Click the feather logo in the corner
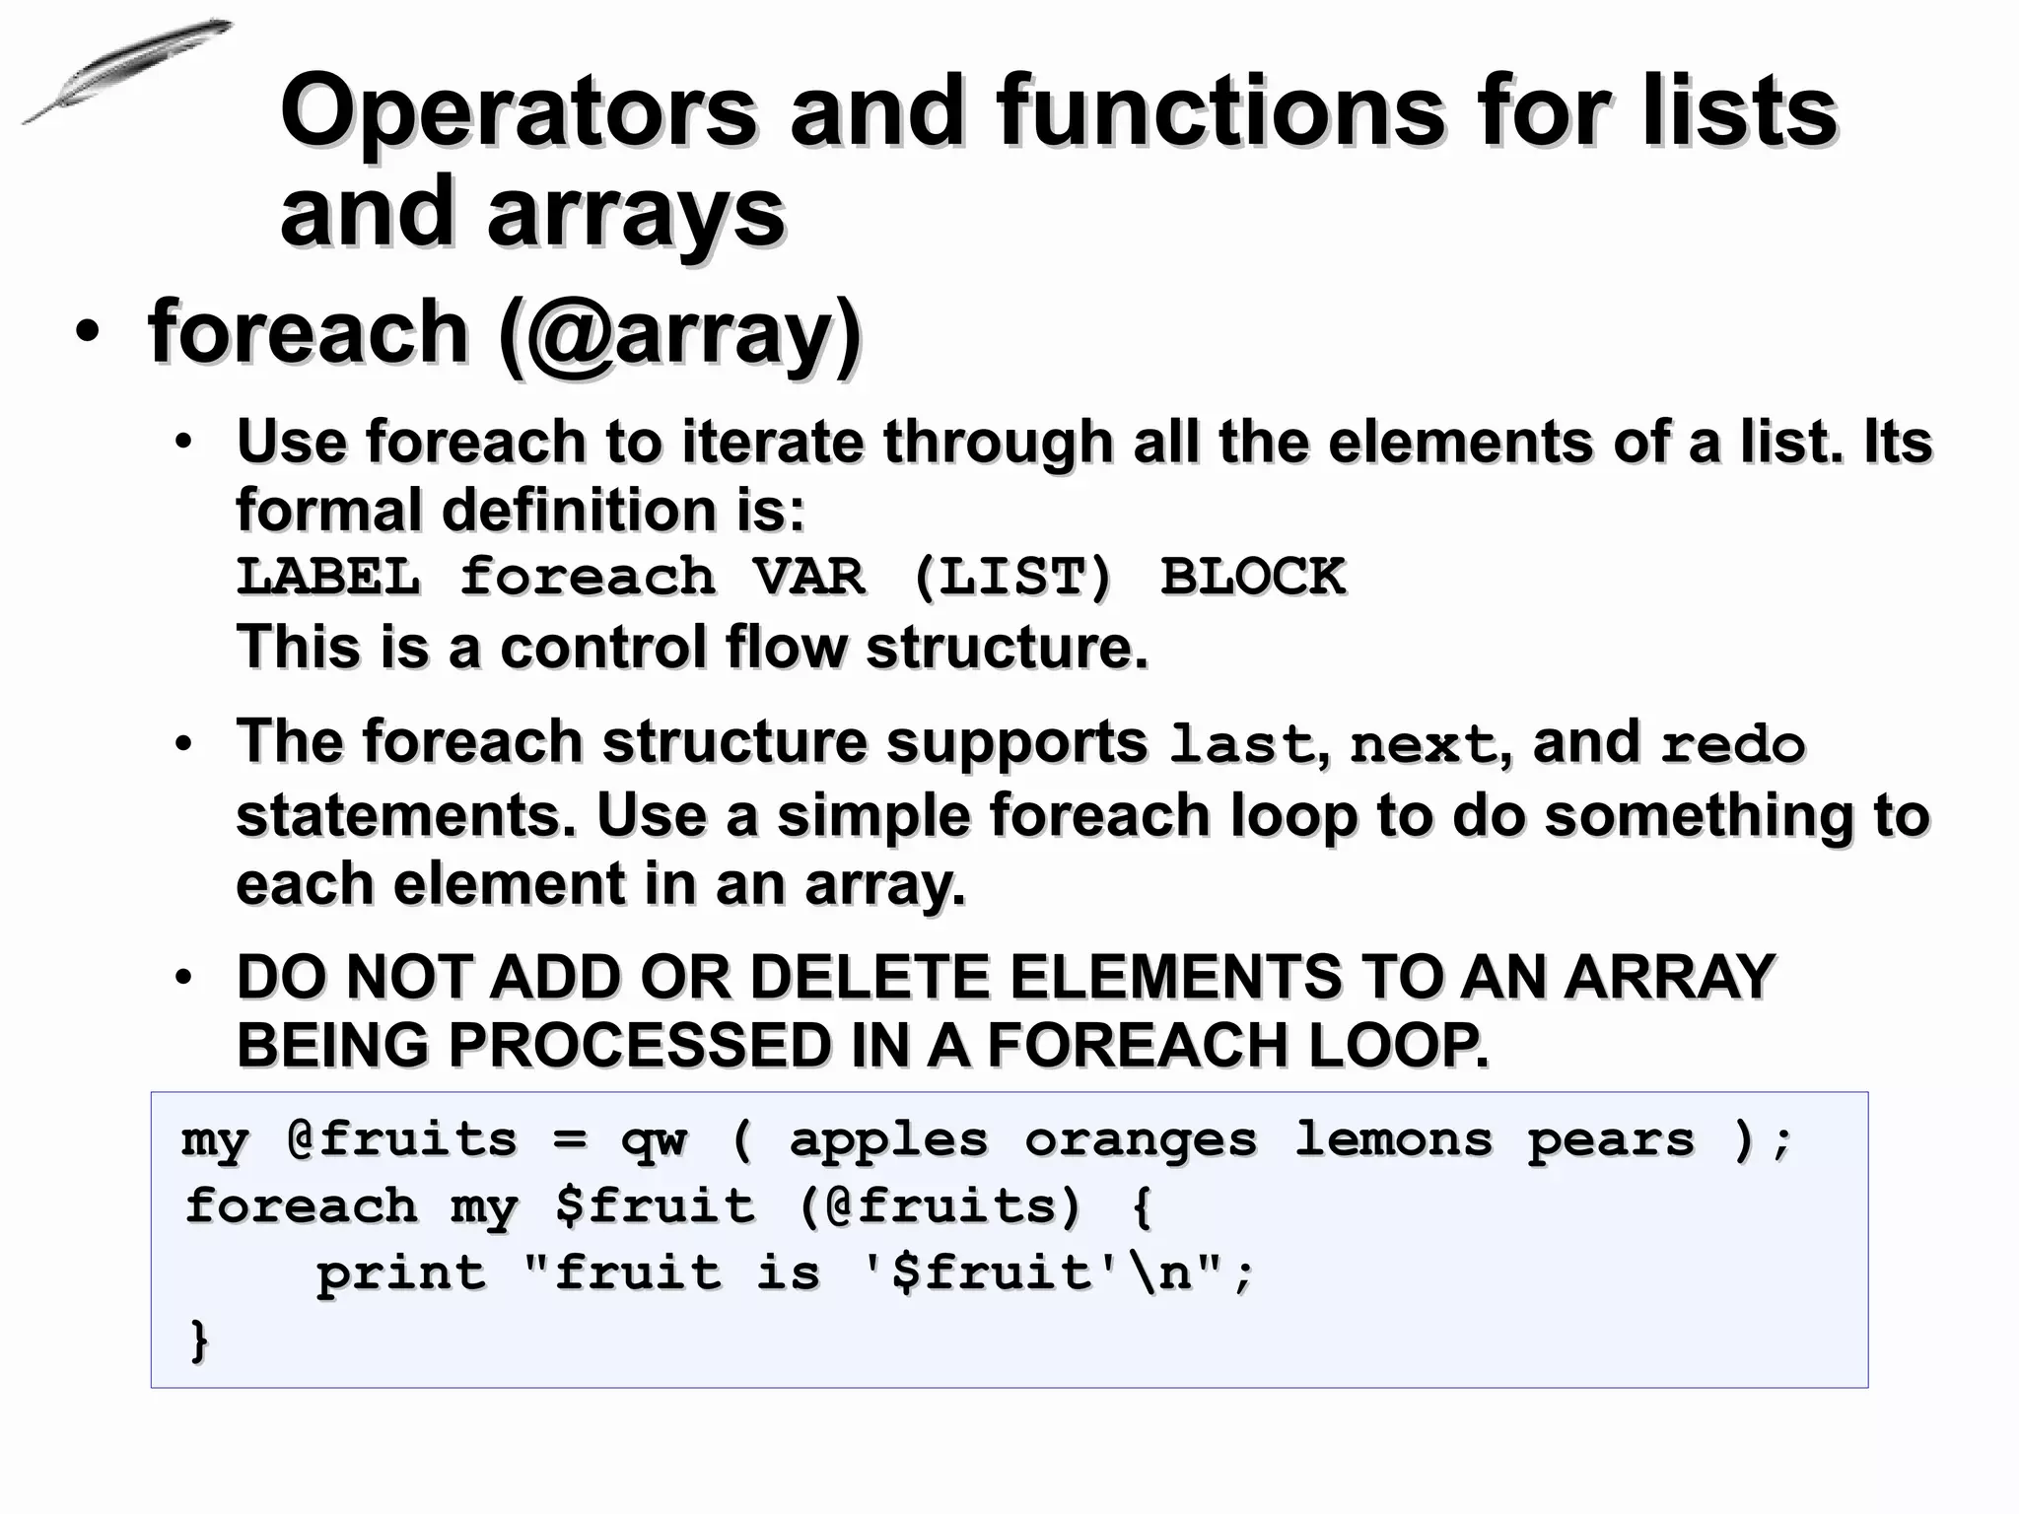(x=126, y=71)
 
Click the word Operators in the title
(x=519, y=111)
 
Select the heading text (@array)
(x=680, y=333)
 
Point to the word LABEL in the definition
(x=329, y=577)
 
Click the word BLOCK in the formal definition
(x=1252, y=577)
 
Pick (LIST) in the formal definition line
(x=1012, y=577)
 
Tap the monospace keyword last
(x=1240, y=745)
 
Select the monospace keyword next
(x=1423, y=745)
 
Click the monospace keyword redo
(x=1732, y=745)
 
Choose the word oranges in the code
(x=1141, y=1141)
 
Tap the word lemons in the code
(x=1393, y=1139)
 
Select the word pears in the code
(x=1611, y=1141)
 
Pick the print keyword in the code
(x=400, y=1274)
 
